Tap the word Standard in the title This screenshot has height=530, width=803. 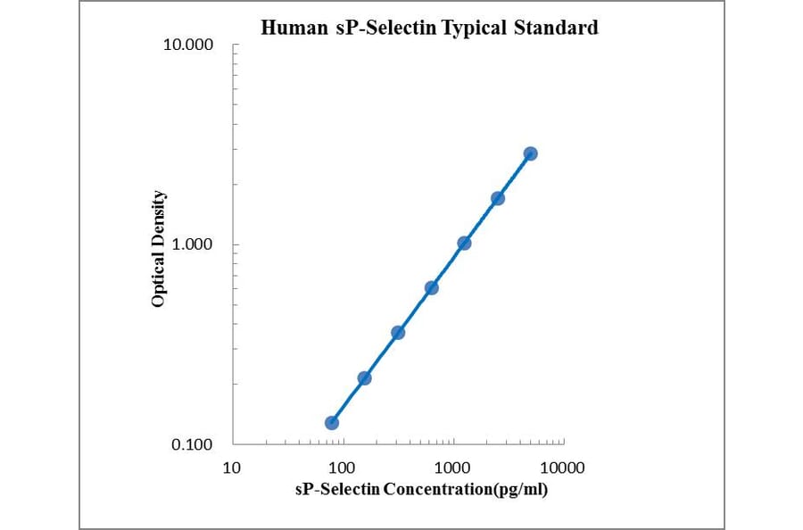pyautogui.click(x=555, y=29)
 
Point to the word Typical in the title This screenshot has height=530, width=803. pyautogui.click(x=474, y=29)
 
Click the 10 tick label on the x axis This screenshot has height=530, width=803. pyautogui.click(x=231, y=467)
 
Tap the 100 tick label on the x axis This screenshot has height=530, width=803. pyautogui.click(x=342, y=467)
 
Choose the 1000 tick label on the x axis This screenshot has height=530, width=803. pyautogui.click(x=453, y=467)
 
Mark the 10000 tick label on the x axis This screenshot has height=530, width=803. pyautogui.click(x=563, y=467)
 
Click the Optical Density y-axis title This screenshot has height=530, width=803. pyautogui.click(x=158, y=249)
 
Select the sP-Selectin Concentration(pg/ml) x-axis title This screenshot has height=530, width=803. pyautogui.click(x=421, y=489)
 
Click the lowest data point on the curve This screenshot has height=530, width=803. pyautogui.click(x=331, y=422)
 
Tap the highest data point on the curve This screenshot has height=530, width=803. pyautogui.click(x=530, y=153)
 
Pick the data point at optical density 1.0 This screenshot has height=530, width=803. pyautogui.click(x=464, y=243)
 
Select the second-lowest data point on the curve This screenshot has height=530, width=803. pyautogui.click(x=364, y=377)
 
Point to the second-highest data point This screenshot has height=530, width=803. pyautogui.click(x=497, y=198)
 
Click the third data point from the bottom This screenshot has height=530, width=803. pyautogui.click(x=398, y=332)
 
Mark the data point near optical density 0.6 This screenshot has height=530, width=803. pyautogui.click(x=431, y=287)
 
